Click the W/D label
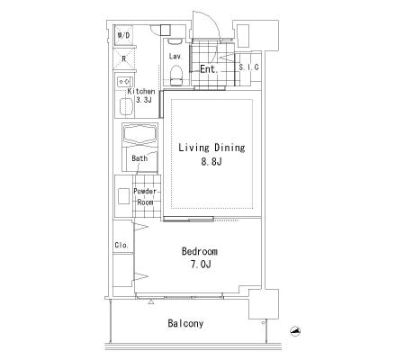coord(123,35)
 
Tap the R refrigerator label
coord(123,58)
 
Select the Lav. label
coord(175,56)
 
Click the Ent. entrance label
coord(209,69)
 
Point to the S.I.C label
coord(248,67)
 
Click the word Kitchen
coord(141,91)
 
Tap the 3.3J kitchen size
coord(144,100)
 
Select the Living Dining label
coord(211,148)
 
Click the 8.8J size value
coord(211,162)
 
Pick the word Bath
coord(139,158)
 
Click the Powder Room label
coord(145,196)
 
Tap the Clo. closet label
coord(121,245)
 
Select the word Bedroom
coord(200,251)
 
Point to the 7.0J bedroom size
coord(201,265)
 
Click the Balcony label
coord(185,323)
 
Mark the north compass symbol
coord(295,330)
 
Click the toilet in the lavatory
coord(176,76)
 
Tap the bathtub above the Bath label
coord(140,134)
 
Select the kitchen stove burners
coord(125,81)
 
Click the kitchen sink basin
coord(126,106)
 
